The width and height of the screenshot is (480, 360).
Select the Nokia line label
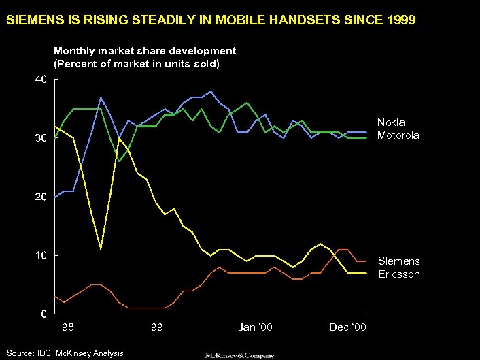391,122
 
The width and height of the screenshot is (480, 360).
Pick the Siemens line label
399,261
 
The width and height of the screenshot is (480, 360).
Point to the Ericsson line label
399,274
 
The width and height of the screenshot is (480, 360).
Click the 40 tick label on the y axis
41,80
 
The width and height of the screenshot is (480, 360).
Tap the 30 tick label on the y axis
41,138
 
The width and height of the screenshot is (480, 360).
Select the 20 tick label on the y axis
41,197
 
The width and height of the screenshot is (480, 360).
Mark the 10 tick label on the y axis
41,256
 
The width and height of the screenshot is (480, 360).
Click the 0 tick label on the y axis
44,314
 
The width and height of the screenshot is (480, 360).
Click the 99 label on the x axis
157,328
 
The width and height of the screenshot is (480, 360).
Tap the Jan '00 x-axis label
256,328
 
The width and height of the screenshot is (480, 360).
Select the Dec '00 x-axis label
347,328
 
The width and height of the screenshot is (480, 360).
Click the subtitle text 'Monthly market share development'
145,51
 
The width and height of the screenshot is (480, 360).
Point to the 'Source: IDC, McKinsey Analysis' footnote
66,353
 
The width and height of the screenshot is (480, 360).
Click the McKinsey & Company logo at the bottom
240,355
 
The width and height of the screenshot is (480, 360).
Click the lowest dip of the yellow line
101,249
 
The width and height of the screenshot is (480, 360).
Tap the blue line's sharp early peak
100,97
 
